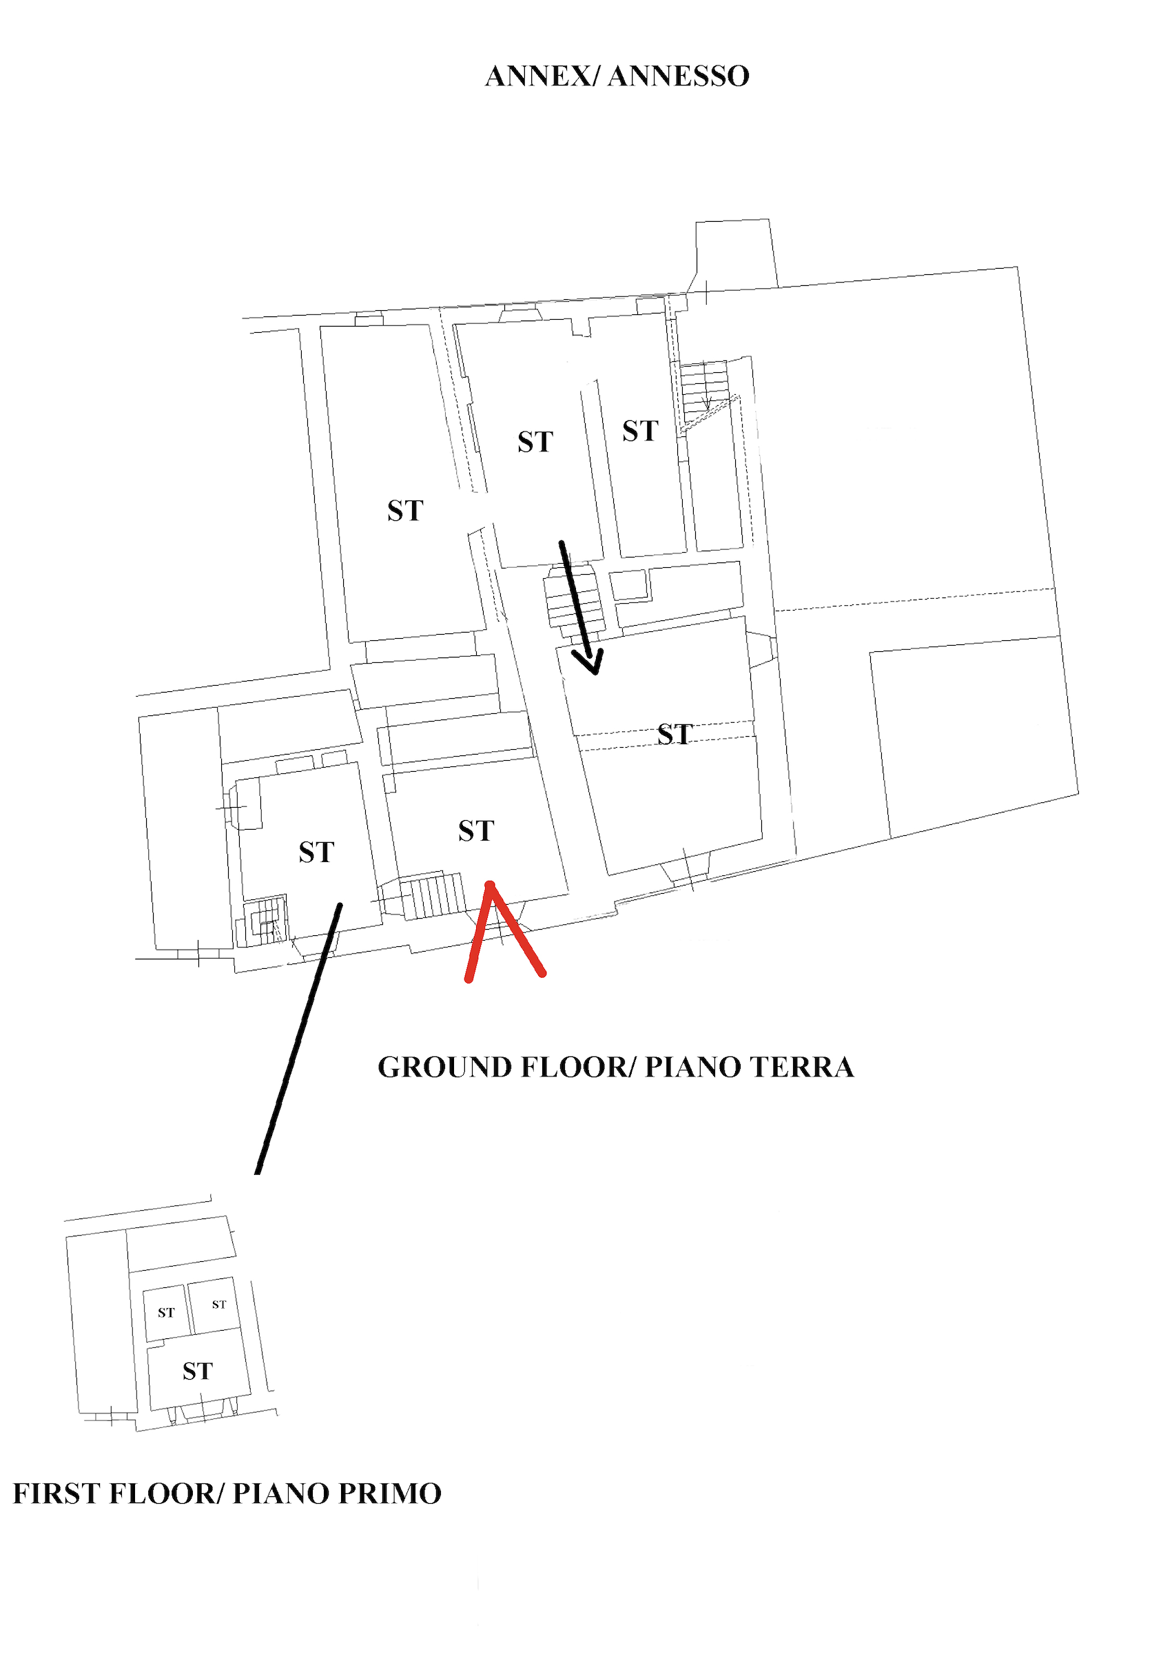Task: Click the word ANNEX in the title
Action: pos(537,76)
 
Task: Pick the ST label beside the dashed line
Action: pos(675,735)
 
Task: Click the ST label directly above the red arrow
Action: pos(475,831)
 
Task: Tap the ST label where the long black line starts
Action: pos(316,852)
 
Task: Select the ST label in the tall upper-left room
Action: pos(404,511)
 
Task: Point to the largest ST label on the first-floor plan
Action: pos(197,1371)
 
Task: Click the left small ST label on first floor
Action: pos(166,1313)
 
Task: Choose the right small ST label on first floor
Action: pos(219,1305)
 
